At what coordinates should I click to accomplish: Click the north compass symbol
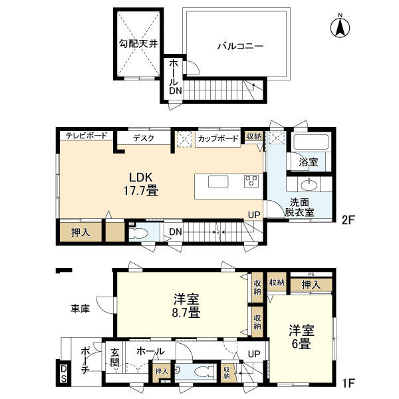coord(340,26)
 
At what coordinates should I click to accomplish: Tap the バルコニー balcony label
coord(240,47)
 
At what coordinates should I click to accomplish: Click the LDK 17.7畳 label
coord(142,184)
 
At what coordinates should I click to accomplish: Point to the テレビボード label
coord(86,136)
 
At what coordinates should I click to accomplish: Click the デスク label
coord(143,138)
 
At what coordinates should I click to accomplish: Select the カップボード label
coord(217,138)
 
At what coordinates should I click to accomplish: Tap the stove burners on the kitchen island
coord(251,182)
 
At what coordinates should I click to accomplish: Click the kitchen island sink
coord(219,182)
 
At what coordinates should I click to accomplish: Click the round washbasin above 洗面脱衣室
coord(308,186)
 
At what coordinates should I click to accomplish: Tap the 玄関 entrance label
coord(114,358)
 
